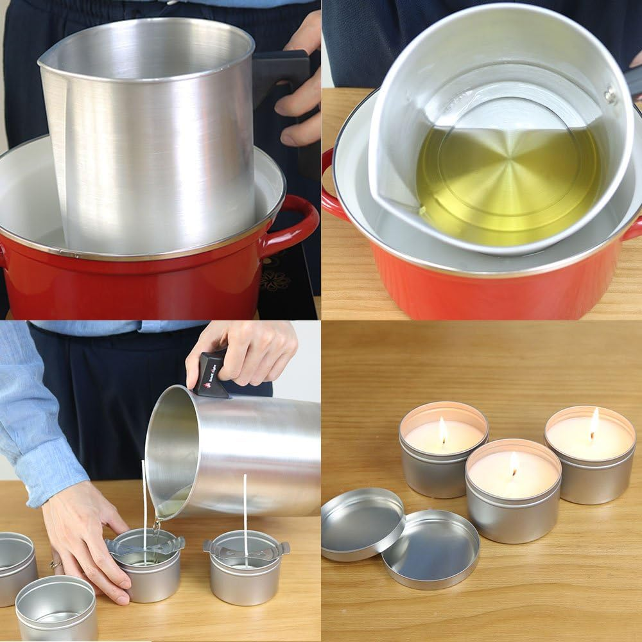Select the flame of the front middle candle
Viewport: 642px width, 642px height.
(514, 464)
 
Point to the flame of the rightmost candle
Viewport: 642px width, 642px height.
(594, 423)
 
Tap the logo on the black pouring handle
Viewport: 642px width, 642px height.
(208, 385)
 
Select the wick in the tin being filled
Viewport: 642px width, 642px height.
(144, 507)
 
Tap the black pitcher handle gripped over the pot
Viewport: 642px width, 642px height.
(282, 71)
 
